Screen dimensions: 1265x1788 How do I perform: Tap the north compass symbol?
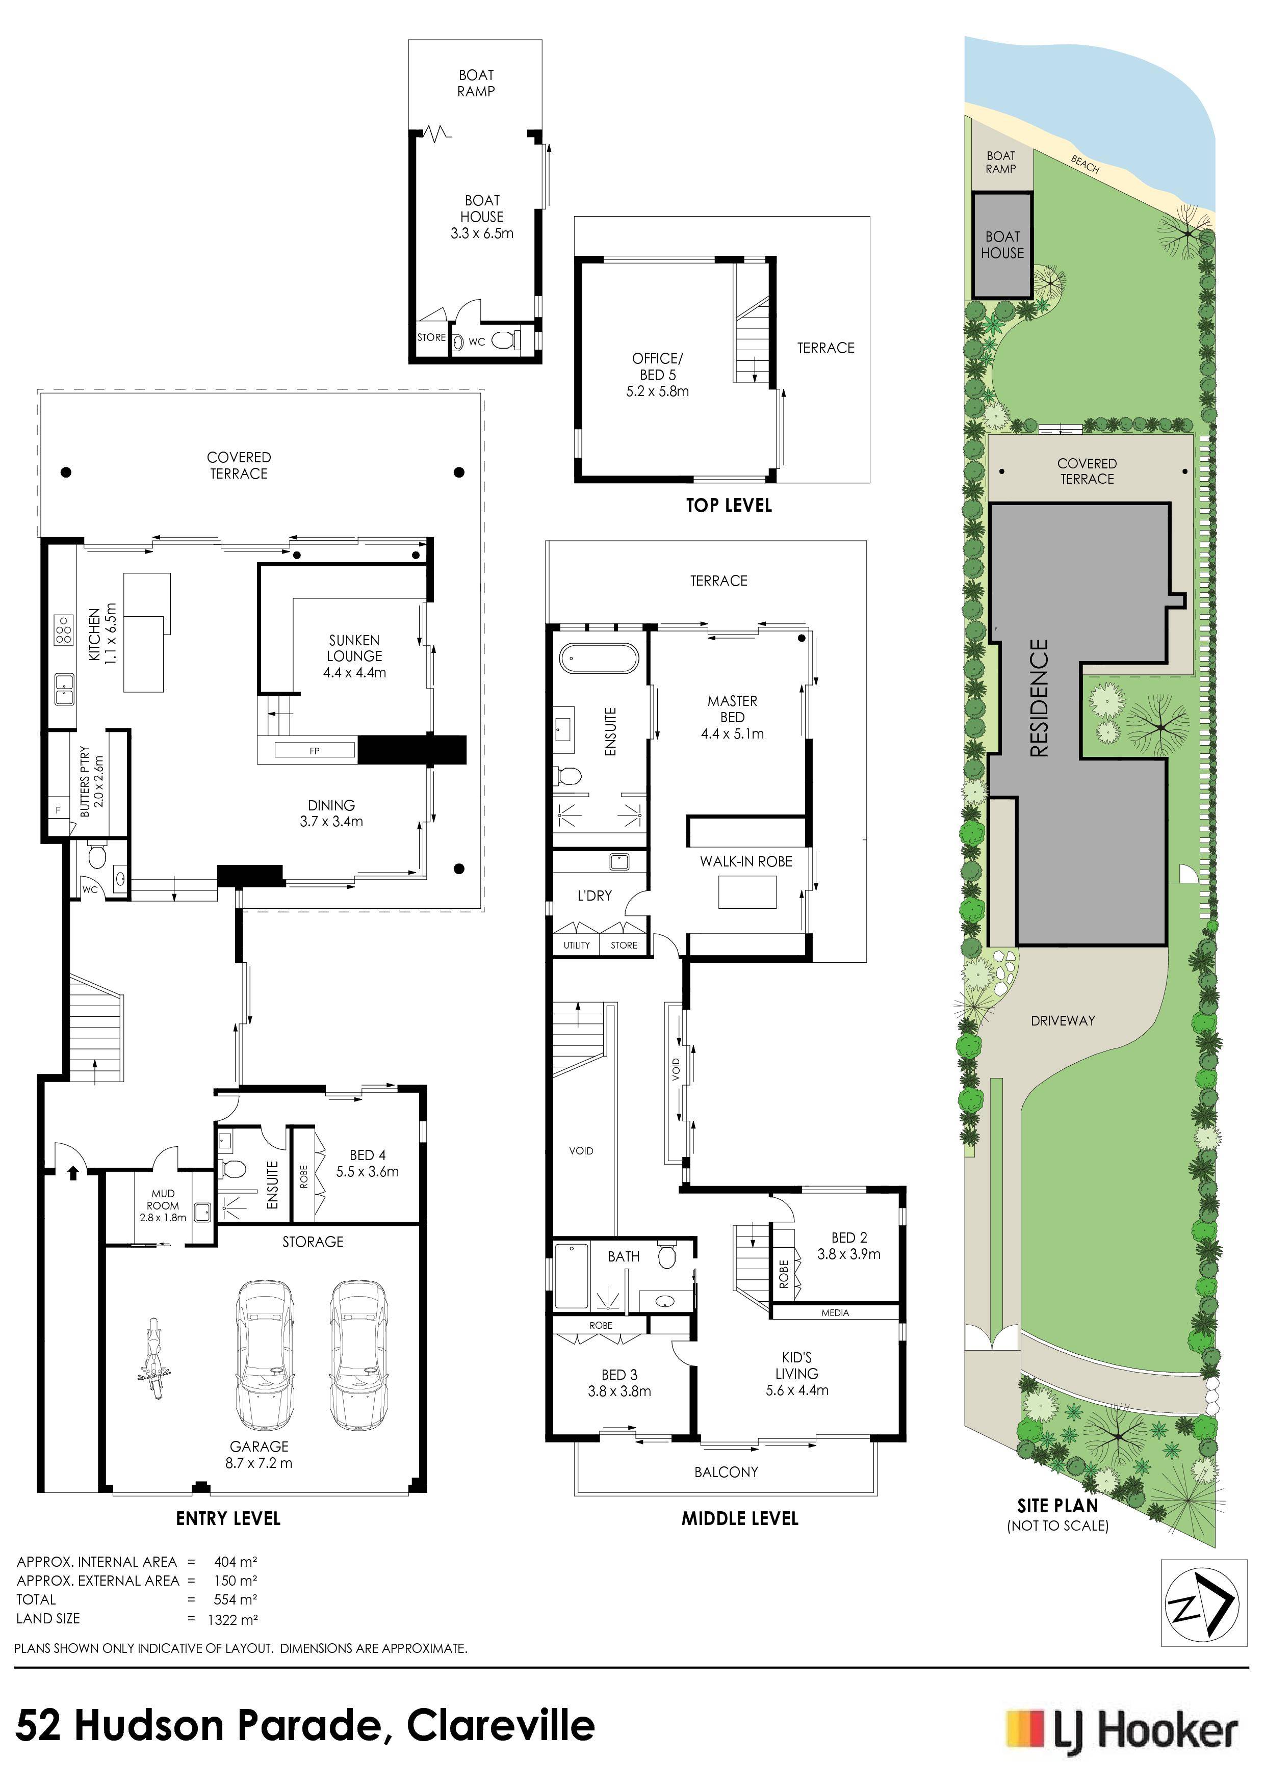point(1200,1602)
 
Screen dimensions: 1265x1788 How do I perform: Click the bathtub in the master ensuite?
point(598,658)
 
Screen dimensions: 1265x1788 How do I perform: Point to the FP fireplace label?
point(315,751)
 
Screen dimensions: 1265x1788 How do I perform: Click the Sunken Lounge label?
point(354,655)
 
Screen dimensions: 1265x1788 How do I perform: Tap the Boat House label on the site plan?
point(1002,245)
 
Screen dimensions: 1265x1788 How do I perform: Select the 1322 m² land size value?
point(232,1619)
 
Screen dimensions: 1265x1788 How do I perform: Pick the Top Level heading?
point(728,506)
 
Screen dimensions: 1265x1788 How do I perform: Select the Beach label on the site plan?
point(1085,164)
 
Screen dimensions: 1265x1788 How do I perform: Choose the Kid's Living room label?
point(797,1374)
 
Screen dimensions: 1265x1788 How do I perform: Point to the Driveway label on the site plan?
point(1063,1020)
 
